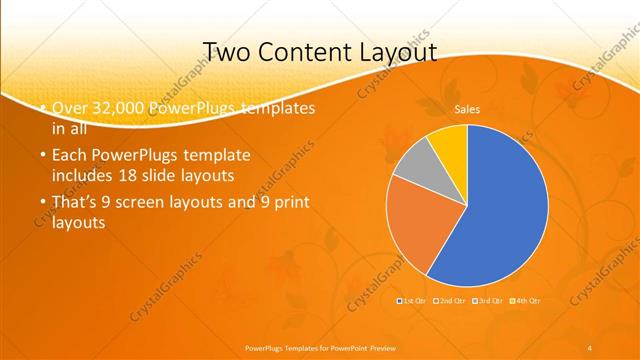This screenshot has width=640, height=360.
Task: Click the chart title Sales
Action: (467, 108)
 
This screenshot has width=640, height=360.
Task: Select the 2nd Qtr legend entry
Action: (452, 300)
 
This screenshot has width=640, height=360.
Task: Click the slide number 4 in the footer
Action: (590, 347)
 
